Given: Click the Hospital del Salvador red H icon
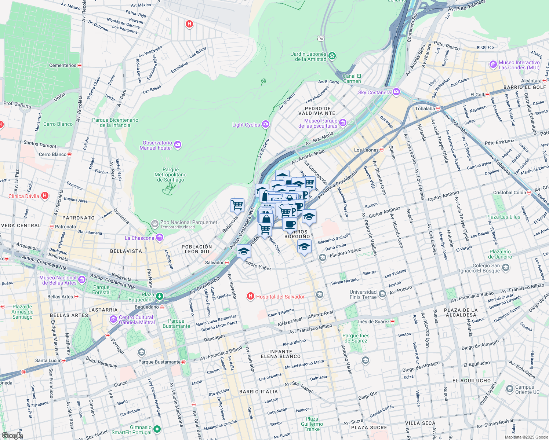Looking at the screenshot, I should (x=251, y=296).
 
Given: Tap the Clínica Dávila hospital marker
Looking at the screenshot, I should (x=45, y=196).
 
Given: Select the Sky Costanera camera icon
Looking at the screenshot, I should (x=396, y=92).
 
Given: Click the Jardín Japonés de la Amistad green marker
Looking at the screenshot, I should (x=332, y=56).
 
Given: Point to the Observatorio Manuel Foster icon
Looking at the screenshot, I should (x=178, y=145).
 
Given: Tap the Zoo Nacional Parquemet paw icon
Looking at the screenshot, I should (x=155, y=223).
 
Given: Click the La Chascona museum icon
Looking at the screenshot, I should (x=159, y=238).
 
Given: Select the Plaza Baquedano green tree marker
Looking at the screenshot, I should (x=159, y=296).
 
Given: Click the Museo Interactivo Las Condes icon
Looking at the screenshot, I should (x=493, y=65).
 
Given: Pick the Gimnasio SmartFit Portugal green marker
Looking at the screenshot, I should (x=157, y=429).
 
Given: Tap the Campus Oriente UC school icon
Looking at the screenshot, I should (x=509, y=389).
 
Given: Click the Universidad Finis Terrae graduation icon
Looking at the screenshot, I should (x=382, y=294).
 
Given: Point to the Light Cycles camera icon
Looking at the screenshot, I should (x=265, y=124).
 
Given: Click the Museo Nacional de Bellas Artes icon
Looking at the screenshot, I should (x=82, y=280).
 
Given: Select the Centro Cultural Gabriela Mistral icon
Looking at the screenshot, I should (x=113, y=320).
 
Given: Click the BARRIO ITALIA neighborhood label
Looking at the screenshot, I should (x=258, y=392).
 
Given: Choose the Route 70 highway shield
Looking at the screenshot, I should (x=321, y=38).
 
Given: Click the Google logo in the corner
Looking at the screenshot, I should (x=12, y=436).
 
